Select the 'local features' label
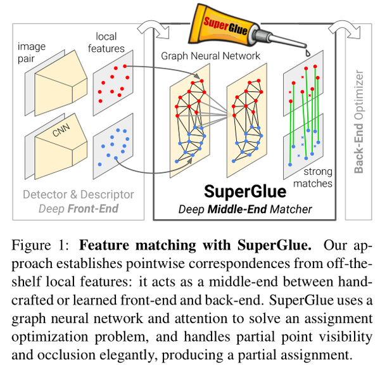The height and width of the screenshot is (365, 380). [110, 42]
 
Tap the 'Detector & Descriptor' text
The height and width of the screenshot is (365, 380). [78, 194]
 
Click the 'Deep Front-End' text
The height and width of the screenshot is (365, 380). [78, 207]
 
